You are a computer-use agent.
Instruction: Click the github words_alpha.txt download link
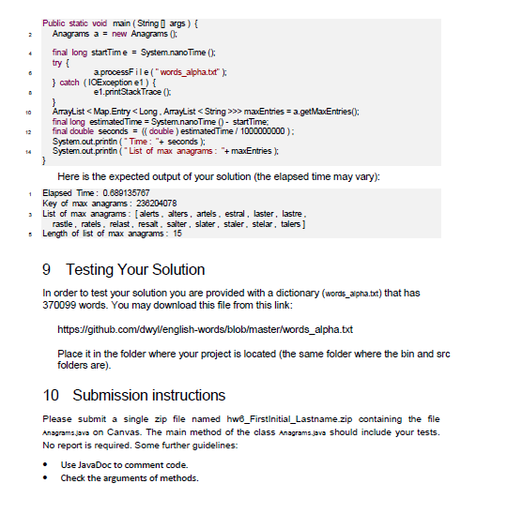coord(205,329)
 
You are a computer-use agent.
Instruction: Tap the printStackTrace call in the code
coord(137,93)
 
